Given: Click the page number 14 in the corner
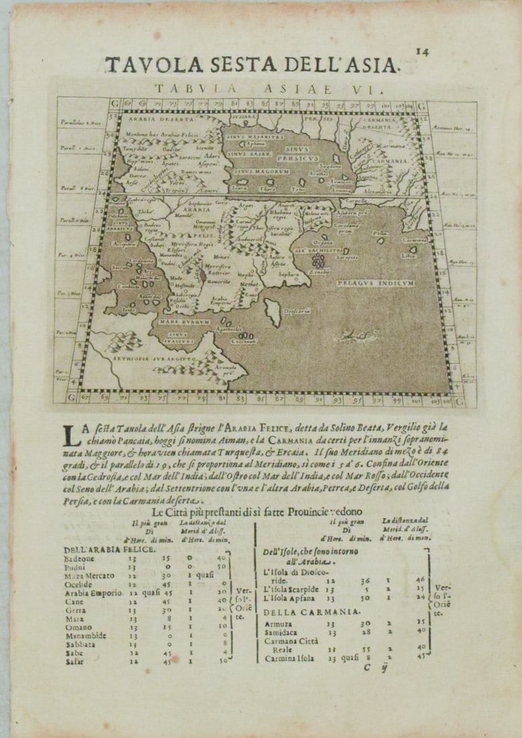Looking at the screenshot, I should tap(421, 51).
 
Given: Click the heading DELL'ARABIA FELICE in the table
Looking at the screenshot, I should tap(110, 549).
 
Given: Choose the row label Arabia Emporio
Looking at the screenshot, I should tap(93, 592).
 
